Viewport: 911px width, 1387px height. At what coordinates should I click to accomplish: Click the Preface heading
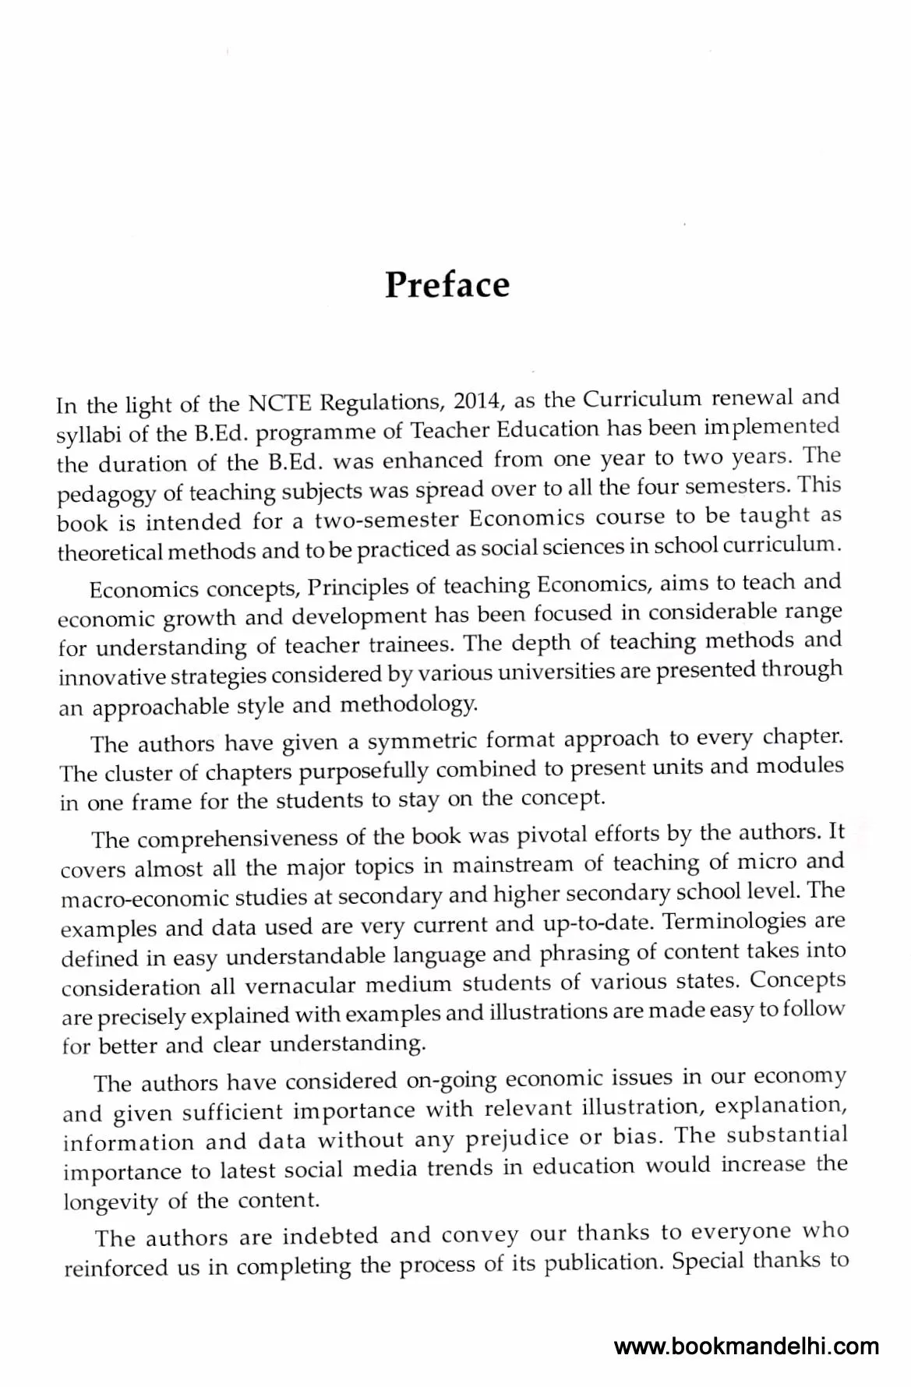tap(447, 285)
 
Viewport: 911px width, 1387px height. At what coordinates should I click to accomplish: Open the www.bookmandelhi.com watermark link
tap(747, 1346)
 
